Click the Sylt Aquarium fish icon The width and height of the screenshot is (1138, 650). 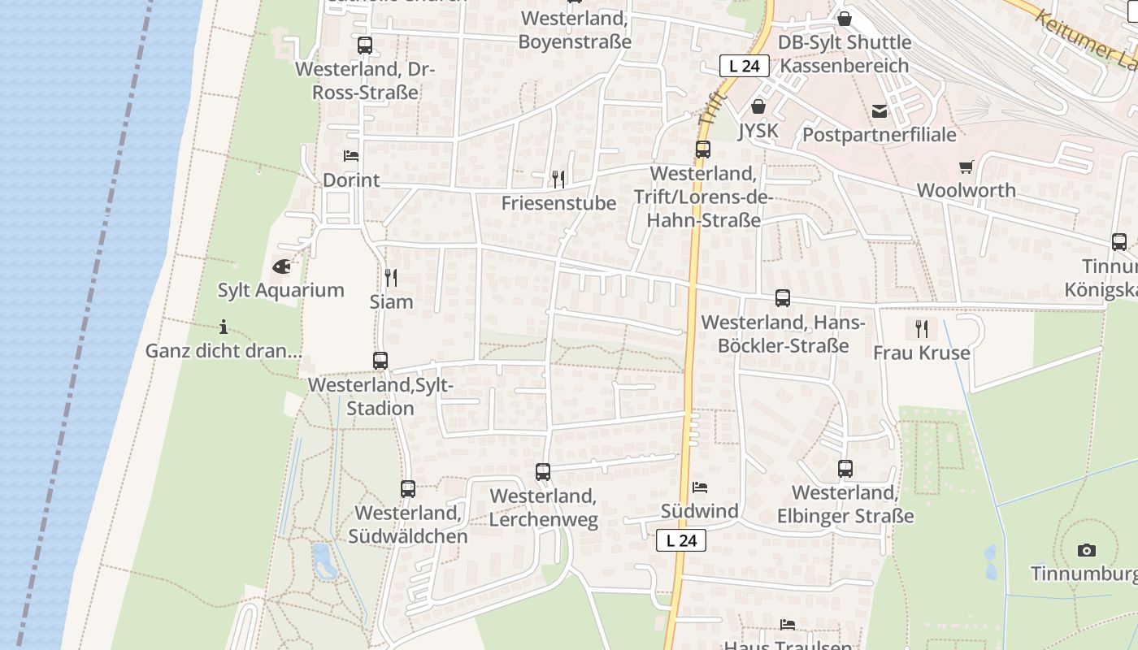pyautogui.click(x=281, y=266)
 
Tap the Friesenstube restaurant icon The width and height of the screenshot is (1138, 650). pyautogui.click(x=558, y=179)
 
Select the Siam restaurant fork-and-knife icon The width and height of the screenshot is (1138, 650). pyautogui.click(x=391, y=278)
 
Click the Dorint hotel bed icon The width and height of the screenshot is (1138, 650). pyautogui.click(x=351, y=155)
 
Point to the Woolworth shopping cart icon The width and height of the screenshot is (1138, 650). pyautogui.click(x=966, y=167)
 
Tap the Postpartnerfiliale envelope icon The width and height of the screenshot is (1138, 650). pyautogui.click(x=879, y=111)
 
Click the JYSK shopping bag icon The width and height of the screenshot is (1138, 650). pyautogui.click(x=758, y=106)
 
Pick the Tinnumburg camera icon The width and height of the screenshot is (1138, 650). pyautogui.click(x=1086, y=550)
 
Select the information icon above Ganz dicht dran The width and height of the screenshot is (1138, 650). pyautogui.click(x=224, y=327)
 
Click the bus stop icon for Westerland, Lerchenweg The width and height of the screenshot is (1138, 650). pyautogui.click(x=543, y=471)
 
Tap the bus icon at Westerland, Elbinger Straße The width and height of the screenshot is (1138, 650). pyautogui.click(x=845, y=469)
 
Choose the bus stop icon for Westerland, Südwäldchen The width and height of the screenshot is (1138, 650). pyautogui.click(x=408, y=489)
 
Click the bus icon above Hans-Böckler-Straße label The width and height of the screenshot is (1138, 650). pyautogui.click(x=783, y=298)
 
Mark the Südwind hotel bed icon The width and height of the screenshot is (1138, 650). pyautogui.click(x=699, y=487)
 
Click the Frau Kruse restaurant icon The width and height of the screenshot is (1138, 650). pyautogui.click(x=921, y=328)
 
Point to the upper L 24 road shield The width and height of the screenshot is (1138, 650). pyautogui.click(x=744, y=67)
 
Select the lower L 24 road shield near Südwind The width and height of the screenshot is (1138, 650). pyautogui.click(x=681, y=540)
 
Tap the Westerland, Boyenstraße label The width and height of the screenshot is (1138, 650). pyautogui.click(x=575, y=29)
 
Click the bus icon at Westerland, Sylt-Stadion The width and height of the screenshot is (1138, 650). pyautogui.click(x=380, y=361)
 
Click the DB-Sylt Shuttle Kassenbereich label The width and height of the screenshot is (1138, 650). pyautogui.click(x=845, y=54)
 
